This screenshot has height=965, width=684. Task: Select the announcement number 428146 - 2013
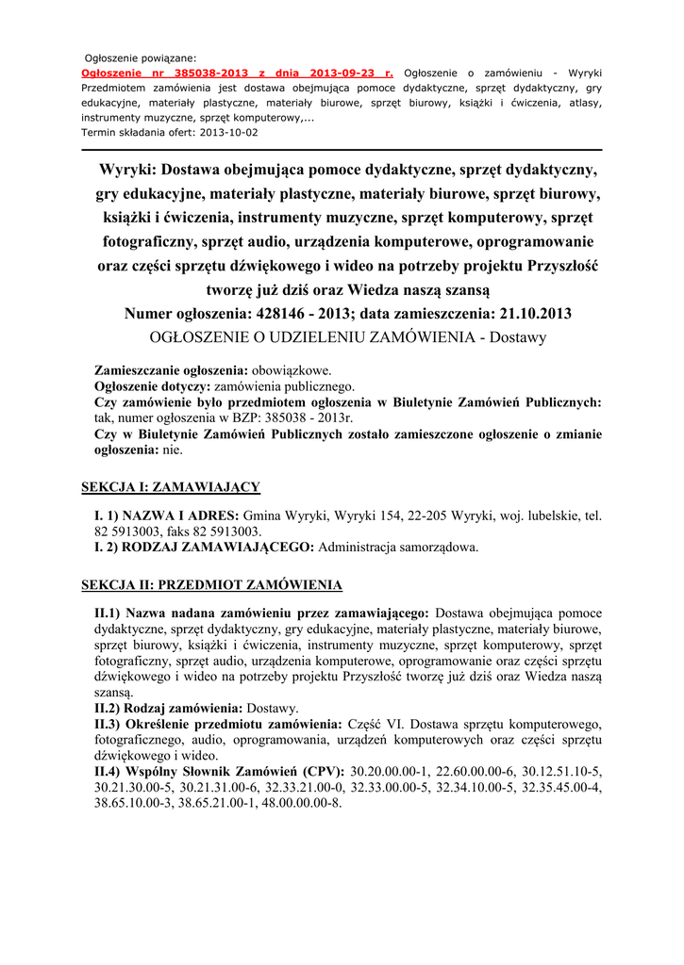coord(329,312)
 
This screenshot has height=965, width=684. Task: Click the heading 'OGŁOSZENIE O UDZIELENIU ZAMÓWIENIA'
coord(311,336)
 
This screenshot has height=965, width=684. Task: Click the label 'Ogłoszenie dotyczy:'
coord(153,386)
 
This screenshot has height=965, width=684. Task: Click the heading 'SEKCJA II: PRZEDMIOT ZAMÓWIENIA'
coord(211,584)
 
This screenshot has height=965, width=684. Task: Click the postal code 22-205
coord(425,516)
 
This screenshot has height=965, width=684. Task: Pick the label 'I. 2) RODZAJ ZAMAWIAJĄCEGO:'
coord(205,547)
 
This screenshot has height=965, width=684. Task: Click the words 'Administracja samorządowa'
coord(397,547)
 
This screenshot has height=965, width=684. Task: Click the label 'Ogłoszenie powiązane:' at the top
coord(142,57)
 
